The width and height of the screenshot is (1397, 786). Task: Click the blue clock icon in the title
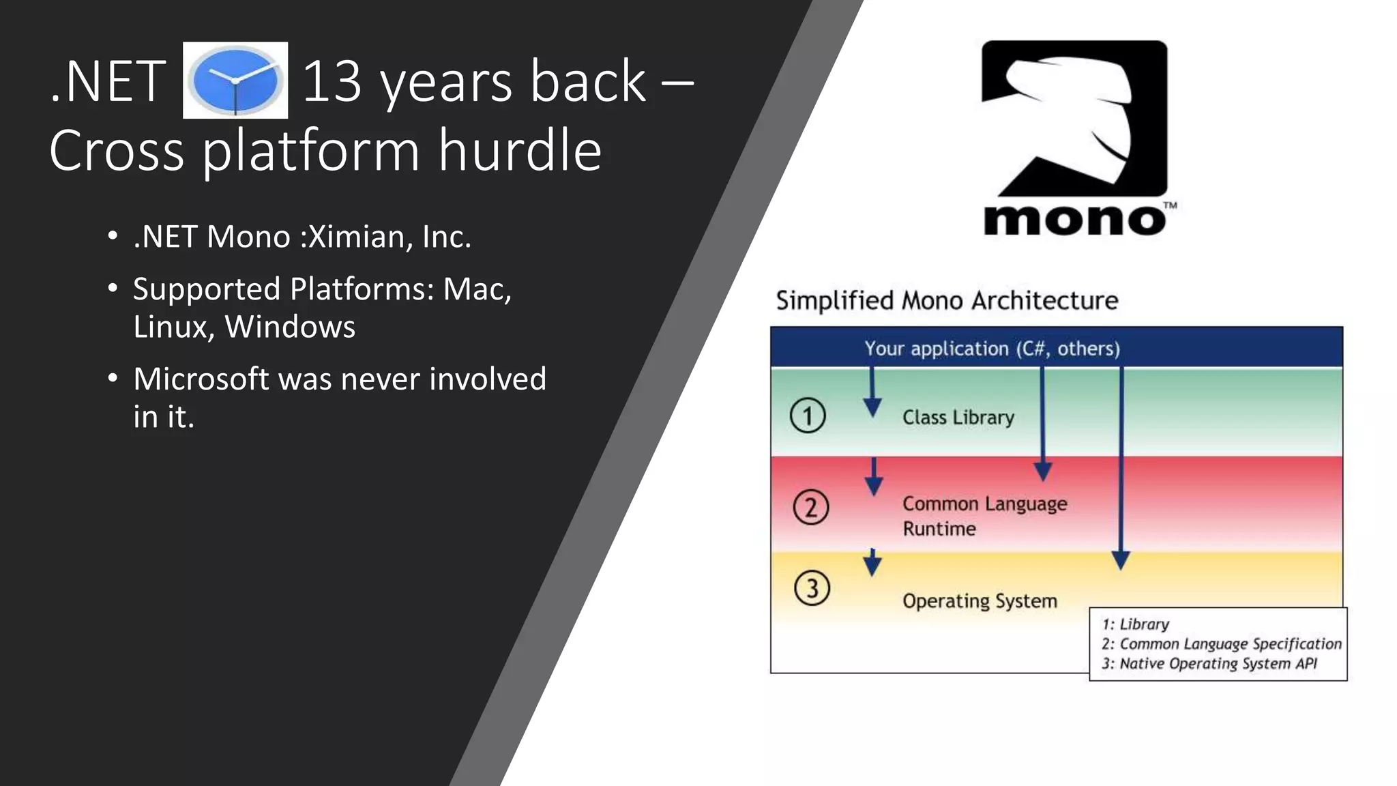point(235,81)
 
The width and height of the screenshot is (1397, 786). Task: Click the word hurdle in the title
point(520,150)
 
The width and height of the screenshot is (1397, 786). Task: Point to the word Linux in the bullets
point(170,327)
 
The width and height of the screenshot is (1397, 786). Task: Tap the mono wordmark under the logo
point(1074,220)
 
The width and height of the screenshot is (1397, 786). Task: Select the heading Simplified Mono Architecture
point(947,300)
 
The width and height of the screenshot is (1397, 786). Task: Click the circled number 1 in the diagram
point(808,416)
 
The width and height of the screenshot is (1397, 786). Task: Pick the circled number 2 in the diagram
point(810,508)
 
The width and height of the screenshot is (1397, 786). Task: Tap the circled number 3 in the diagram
point(812,588)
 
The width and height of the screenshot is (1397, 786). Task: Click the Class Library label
point(958,417)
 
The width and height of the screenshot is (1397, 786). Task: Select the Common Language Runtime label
point(984,516)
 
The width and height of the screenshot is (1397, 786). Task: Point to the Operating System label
point(980,601)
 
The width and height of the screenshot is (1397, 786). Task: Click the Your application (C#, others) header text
point(992,349)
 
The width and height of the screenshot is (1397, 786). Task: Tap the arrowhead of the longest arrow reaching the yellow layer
point(1121,561)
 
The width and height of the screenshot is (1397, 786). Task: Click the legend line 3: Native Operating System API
point(1209,664)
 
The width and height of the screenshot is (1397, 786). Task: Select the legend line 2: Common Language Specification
point(1220,644)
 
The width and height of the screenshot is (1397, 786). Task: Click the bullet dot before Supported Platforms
point(113,288)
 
